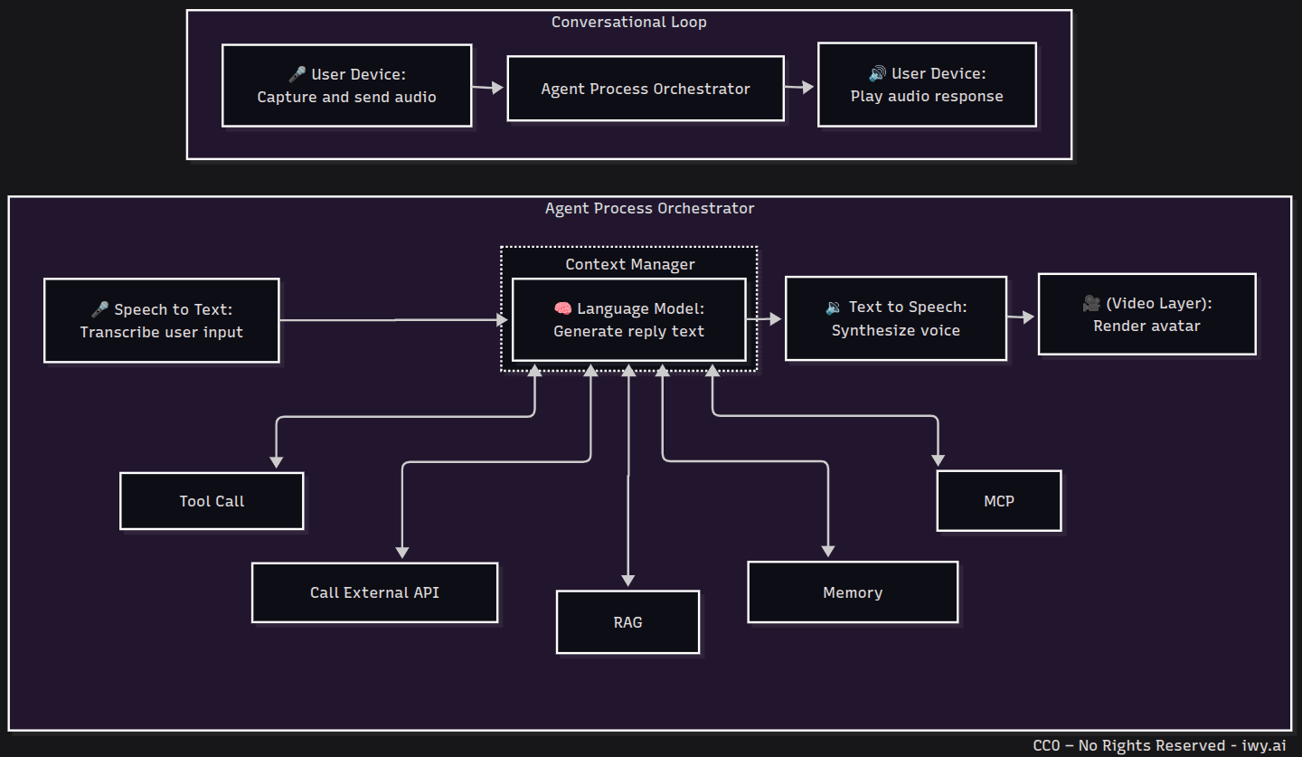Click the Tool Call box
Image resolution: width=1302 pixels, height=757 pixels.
click(212, 501)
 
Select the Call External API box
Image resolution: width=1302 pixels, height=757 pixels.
click(374, 592)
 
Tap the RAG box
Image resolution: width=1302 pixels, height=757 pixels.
click(627, 622)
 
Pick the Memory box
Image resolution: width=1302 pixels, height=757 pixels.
click(853, 592)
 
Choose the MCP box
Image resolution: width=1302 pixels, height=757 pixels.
click(999, 501)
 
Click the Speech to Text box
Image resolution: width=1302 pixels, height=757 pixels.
click(161, 320)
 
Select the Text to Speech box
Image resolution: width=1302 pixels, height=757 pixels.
click(895, 319)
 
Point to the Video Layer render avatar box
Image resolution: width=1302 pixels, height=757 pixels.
click(1146, 314)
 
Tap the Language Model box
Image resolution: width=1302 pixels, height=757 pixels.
click(628, 319)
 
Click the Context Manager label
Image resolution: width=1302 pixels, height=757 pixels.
click(630, 264)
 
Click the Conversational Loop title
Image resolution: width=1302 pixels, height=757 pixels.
click(628, 22)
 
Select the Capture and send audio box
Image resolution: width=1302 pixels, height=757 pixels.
click(346, 85)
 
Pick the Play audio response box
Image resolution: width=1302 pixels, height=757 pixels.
click(927, 85)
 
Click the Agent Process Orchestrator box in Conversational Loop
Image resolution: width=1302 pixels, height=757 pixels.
click(645, 89)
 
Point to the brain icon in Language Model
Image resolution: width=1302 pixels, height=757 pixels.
click(562, 308)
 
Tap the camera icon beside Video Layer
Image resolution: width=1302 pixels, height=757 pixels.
click(1091, 304)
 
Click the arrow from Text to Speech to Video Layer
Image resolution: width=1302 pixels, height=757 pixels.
click(1022, 317)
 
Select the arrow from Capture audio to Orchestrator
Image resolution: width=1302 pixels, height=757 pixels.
click(488, 88)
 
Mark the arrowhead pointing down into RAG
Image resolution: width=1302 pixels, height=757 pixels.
click(628, 580)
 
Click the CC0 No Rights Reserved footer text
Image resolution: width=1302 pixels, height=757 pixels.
click(1159, 745)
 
